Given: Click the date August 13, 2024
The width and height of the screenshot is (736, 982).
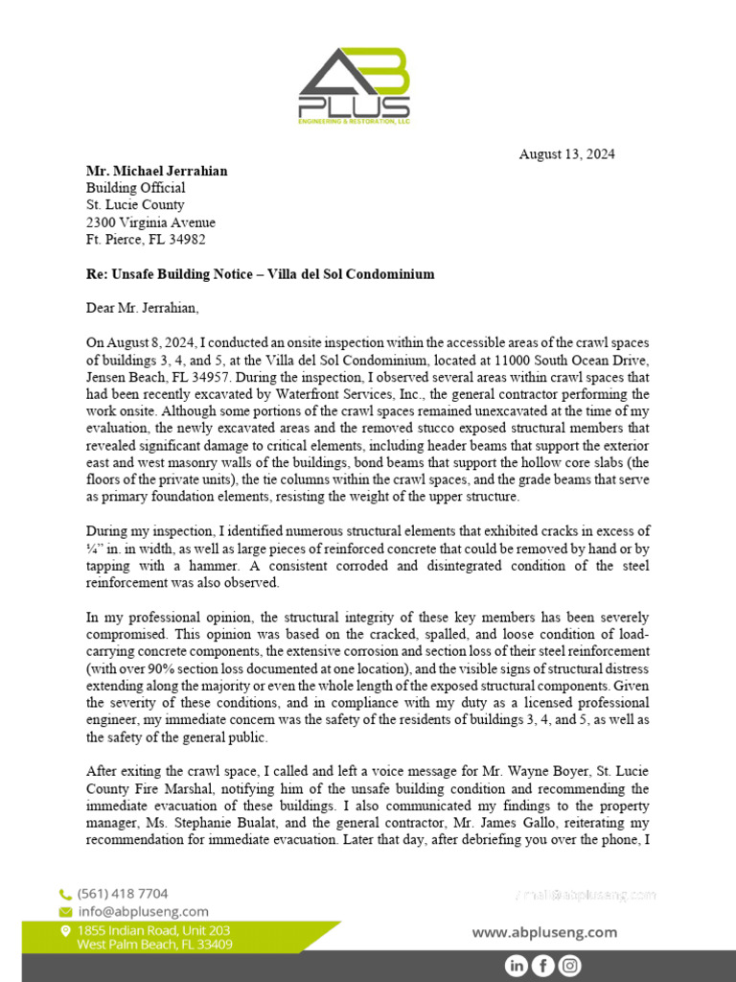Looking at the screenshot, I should tap(566, 153).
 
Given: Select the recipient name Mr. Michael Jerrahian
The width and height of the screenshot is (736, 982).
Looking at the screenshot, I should tap(157, 171).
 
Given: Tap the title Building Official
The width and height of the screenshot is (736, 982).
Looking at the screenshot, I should tap(136, 188).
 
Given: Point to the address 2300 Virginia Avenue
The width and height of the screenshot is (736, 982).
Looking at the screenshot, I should tap(150, 222).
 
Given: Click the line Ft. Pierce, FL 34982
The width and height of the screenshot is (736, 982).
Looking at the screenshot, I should tap(146, 240).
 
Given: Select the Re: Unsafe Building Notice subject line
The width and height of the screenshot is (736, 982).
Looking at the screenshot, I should tap(260, 274).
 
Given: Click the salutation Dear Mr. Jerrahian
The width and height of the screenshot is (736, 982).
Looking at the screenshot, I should tap(145, 308).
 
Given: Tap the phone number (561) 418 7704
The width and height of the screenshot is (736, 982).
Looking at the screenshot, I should tap(123, 893).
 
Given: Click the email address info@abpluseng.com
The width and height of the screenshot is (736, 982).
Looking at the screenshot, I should tap(143, 911).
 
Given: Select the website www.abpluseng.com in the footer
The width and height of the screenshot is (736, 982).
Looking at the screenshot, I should tap(544, 932).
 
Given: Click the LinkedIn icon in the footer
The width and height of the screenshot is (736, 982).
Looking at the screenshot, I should tap(516, 966).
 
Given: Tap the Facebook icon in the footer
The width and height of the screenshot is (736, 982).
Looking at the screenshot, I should tap(542, 966).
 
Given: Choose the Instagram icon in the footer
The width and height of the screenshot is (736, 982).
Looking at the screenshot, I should tap(569, 966).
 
